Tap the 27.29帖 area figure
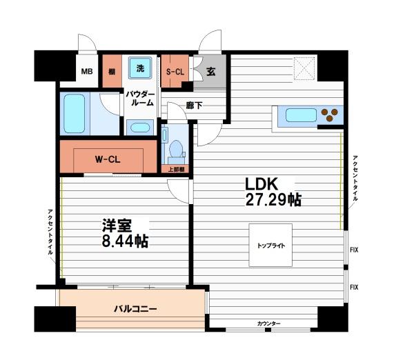coord(274,201)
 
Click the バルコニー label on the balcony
coord(136,310)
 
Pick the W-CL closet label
coord(108,159)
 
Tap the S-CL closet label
coord(175,71)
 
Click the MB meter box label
coord(88,72)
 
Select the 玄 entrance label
coord(210,71)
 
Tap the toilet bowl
coord(175,149)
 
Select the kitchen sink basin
coord(298,114)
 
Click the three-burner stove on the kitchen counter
coord(332,114)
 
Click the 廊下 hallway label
coord(194,106)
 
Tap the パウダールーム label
coord(141,97)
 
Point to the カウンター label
coord(268,323)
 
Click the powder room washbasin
coord(140,128)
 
